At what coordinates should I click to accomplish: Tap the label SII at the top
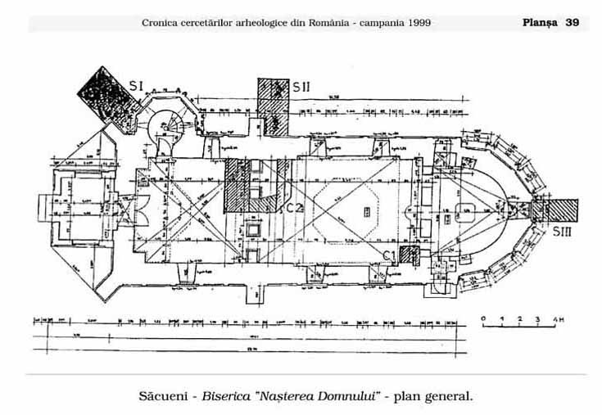301,87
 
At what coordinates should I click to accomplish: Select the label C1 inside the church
391,256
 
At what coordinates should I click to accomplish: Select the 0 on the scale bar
484,318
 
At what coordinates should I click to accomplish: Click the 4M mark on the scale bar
559,318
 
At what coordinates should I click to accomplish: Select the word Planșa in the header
539,23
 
